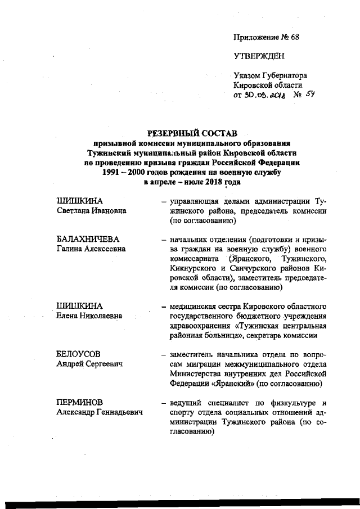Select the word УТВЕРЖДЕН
[x=259, y=56]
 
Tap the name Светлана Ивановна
[x=91, y=210]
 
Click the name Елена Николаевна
[x=89, y=316]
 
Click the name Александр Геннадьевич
[x=100, y=412]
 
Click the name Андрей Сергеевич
[x=89, y=364]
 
